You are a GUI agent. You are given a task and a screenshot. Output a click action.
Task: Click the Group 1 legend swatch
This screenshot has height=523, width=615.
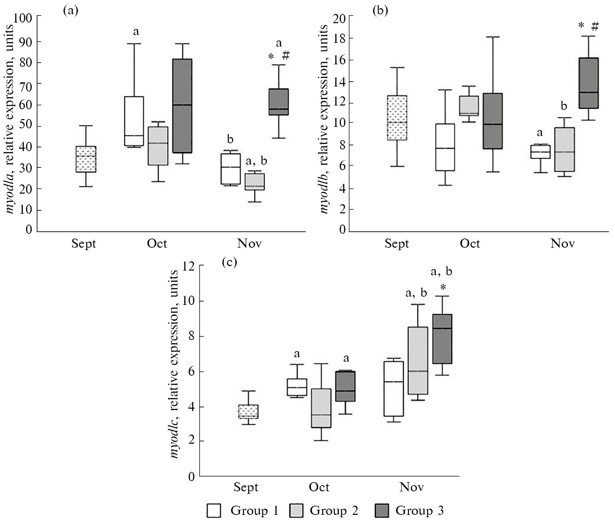pyautogui.click(x=214, y=511)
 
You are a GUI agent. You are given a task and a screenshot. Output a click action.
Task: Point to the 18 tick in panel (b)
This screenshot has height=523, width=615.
pyautogui.click(x=339, y=39)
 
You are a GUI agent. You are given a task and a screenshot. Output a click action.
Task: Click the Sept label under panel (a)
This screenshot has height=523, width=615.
pyautogui.click(x=84, y=244)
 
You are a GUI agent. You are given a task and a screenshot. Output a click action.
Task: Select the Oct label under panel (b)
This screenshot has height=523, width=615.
pyautogui.click(x=470, y=244)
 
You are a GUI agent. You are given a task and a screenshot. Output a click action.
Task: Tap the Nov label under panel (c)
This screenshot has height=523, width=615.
pyautogui.click(x=411, y=487)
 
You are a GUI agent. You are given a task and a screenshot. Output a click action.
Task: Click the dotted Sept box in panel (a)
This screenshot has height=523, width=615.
pyautogui.click(x=86, y=159)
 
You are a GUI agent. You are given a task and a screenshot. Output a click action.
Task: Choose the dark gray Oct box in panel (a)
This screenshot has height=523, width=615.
pyautogui.click(x=182, y=106)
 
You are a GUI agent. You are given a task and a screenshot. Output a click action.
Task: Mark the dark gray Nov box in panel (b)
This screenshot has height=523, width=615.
pyautogui.click(x=588, y=83)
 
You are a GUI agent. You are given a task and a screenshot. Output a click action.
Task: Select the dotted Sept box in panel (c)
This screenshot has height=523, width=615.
pyautogui.click(x=248, y=411)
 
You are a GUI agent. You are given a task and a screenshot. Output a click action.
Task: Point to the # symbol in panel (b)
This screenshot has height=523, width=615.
pyautogui.click(x=595, y=26)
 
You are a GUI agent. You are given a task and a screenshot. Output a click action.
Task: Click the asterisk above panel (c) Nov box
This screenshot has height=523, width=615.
pyautogui.click(x=443, y=288)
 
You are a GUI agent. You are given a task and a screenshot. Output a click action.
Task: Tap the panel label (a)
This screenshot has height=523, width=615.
pyautogui.click(x=70, y=11)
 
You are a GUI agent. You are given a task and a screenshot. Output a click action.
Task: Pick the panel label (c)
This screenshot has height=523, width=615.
pyautogui.click(x=229, y=263)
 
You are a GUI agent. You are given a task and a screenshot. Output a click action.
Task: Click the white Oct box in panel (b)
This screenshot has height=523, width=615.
pyautogui.click(x=445, y=147)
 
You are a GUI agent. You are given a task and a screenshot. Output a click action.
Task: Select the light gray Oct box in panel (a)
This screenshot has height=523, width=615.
pyautogui.click(x=158, y=146)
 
